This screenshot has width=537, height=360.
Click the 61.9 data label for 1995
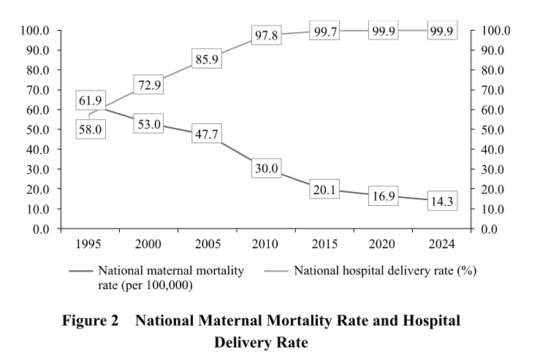[91, 100]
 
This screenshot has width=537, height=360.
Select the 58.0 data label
[91, 129]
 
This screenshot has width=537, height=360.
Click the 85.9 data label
[207, 59]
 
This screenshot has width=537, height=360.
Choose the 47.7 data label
[207, 134]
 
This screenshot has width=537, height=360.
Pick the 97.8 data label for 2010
[267, 36]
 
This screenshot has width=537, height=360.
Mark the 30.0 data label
[267, 169]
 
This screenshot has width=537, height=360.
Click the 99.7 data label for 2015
[325, 32]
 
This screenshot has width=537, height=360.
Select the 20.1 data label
[325, 188]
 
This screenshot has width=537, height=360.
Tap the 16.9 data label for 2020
[384, 195]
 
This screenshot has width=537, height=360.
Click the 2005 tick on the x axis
[207, 243]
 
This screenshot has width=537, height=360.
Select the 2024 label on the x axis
[443, 243]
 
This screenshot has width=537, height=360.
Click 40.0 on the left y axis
[36, 149]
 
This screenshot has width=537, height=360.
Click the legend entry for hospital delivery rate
[384, 271]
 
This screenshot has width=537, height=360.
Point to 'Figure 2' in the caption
[91, 321]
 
